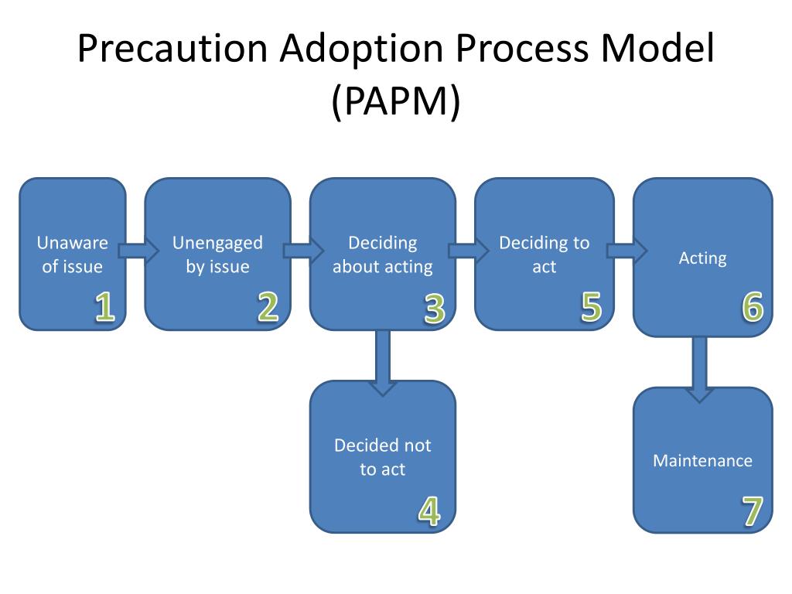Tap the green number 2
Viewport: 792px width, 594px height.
[x=268, y=307]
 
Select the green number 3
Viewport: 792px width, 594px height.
[x=435, y=309]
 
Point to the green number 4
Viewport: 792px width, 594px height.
[x=429, y=511]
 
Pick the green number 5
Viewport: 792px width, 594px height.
[x=591, y=307]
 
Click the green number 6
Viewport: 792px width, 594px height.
[x=753, y=307]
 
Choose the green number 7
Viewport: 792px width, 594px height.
[x=753, y=511]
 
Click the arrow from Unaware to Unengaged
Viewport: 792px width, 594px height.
[x=138, y=250]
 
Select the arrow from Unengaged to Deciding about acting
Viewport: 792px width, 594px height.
[x=302, y=250]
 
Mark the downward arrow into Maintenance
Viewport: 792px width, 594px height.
[x=700, y=368]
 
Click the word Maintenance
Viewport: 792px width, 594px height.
[x=702, y=461]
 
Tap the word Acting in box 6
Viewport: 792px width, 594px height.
[x=702, y=258]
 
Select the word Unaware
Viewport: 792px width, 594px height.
[x=72, y=243]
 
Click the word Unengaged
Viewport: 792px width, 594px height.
[x=217, y=243]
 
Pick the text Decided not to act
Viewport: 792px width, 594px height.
[x=383, y=457]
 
